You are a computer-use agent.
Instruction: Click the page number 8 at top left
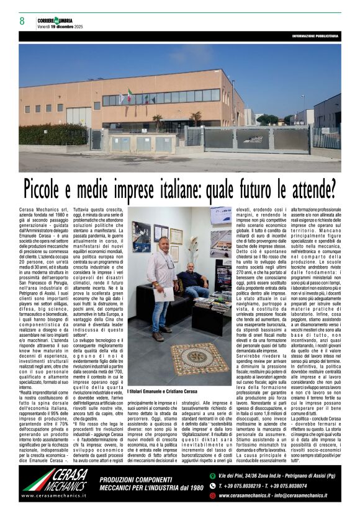(x=22, y=21)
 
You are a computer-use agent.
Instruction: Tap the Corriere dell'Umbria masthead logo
(x=55, y=19)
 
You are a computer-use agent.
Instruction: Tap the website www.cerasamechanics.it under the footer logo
(x=55, y=496)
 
